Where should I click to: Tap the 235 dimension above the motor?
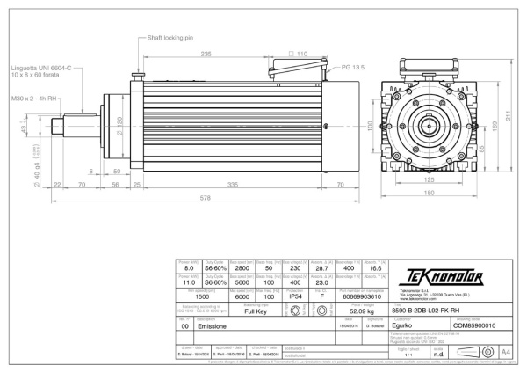pos(206,54)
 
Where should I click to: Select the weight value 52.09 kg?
pos(373,311)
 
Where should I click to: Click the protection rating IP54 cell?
pos(295,297)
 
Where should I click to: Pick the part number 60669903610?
pos(372,297)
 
